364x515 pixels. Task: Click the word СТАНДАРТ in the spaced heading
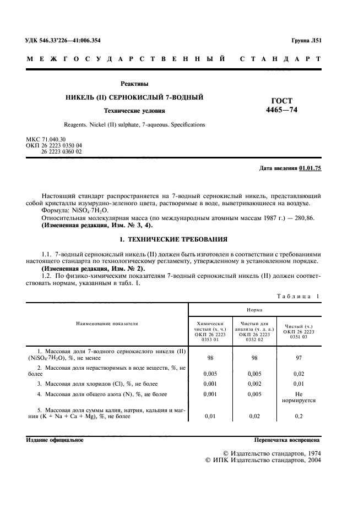[281, 59]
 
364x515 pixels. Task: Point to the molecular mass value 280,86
[306, 218]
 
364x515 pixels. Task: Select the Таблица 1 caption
[298, 297]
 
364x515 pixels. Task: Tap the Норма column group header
[254, 310]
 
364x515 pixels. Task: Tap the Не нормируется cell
[298, 397]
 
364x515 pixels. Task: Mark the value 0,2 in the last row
[298, 417]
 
